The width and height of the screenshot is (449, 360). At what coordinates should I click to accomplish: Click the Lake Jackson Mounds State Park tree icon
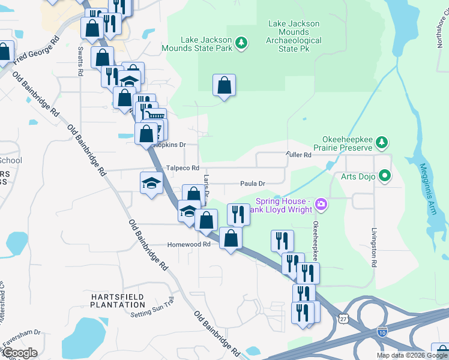click(x=241, y=42)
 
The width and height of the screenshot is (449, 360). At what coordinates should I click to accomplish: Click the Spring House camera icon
click(x=321, y=205)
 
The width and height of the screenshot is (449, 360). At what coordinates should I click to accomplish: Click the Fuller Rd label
click(x=300, y=155)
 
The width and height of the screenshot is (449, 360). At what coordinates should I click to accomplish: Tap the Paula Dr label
click(x=253, y=183)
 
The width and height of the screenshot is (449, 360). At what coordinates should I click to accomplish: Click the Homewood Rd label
click(x=189, y=244)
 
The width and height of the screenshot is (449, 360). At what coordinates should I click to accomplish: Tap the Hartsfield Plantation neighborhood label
click(x=118, y=301)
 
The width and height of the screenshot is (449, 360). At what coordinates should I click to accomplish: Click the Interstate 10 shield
click(x=382, y=330)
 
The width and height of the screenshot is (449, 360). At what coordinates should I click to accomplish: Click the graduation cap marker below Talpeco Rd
click(x=151, y=183)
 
